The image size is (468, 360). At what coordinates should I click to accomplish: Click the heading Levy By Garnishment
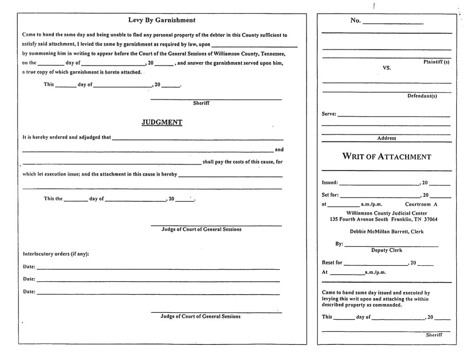pyautogui.click(x=162, y=20)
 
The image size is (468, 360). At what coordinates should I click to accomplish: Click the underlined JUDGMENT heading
pyautogui.click(x=162, y=122)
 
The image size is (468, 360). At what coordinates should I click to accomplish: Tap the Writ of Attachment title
pyautogui.click(x=386, y=157)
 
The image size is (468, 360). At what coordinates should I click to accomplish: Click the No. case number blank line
pyautogui.click(x=393, y=23)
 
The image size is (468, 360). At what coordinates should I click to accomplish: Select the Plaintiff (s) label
pyautogui.click(x=436, y=62)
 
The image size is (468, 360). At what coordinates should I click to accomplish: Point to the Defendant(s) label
pyautogui.click(x=422, y=96)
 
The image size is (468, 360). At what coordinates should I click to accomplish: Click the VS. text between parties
pyautogui.click(x=387, y=68)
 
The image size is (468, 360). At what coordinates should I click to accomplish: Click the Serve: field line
pyautogui.click(x=394, y=116)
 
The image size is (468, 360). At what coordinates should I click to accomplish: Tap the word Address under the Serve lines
pyautogui.click(x=387, y=138)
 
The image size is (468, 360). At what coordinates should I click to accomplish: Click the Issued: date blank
pyautogui.click(x=379, y=184)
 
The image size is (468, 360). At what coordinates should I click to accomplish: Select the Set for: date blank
pyautogui.click(x=380, y=196)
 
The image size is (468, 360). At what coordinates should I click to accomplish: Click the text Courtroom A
pyautogui.click(x=421, y=205)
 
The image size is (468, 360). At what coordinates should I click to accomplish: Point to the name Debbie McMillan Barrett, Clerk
pyautogui.click(x=387, y=232)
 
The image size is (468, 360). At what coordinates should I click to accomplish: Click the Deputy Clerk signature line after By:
pyautogui.click(x=391, y=245)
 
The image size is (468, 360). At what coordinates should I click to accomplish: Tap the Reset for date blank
pyautogui.click(x=375, y=264)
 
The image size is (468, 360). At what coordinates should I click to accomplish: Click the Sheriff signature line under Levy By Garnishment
pyautogui.click(x=216, y=99)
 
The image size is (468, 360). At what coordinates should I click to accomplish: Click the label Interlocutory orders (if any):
pyautogui.click(x=56, y=254)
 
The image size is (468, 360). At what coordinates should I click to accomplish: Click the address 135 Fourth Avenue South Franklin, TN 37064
pyautogui.click(x=383, y=219)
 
